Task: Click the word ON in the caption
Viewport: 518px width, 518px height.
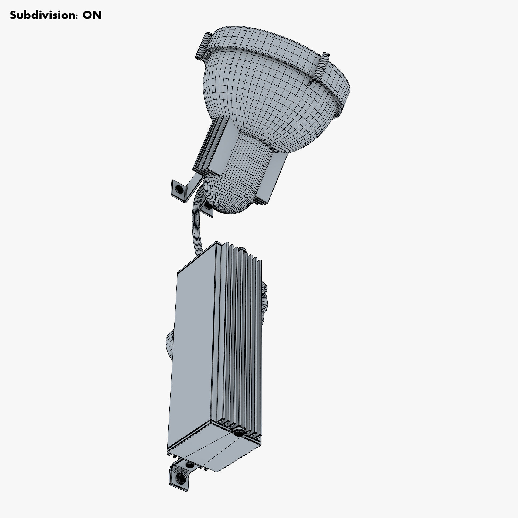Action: pyautogui.click(x=92, y=15)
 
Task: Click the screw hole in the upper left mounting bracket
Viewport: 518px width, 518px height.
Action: pyautogui.click(x=178, y=189)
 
